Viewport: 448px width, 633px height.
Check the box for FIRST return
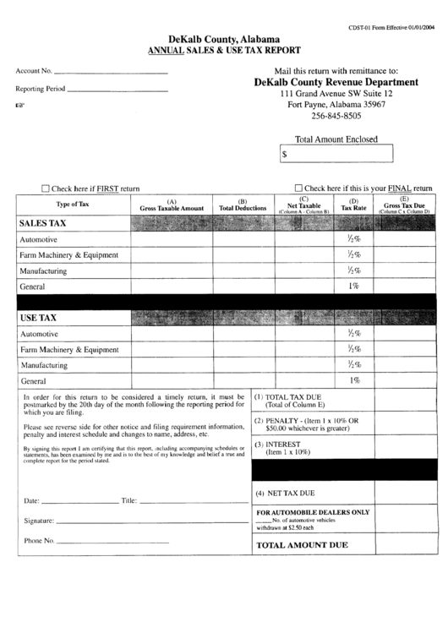point(46,188)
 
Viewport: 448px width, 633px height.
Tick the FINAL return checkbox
point(298,188)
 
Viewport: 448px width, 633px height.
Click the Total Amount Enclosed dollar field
point(336,155)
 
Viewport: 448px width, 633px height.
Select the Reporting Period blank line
point(117,88)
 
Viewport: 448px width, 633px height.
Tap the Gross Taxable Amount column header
point(172,205)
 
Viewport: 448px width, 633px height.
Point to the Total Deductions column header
point(243,205)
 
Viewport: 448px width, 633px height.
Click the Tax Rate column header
point(354,205)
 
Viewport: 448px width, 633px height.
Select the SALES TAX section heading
point(43,223)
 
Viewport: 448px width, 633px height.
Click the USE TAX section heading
point(38,318)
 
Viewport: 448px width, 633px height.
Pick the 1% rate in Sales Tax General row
point(353,286)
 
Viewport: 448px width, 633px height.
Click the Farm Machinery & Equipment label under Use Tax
point(69,349)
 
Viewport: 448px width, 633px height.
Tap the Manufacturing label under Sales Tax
point(44,270)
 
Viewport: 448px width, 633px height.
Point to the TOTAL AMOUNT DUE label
point(302,545)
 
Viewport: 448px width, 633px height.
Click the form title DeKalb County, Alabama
point(224,40)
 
